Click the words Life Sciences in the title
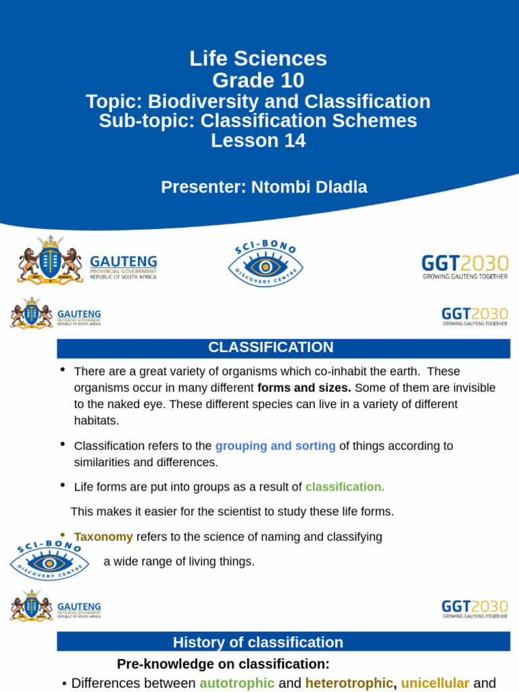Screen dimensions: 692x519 pos(258,59)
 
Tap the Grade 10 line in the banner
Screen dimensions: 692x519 pos(258,80)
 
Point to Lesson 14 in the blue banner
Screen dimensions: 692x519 pos(258,141)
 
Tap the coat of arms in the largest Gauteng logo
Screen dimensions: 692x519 pos(49,261)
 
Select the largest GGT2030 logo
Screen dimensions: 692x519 pos(465,266)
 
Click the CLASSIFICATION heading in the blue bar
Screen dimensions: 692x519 pos(270,347)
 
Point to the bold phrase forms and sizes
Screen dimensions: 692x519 pos(304,388)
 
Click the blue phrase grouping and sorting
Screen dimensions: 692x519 pos(275,446)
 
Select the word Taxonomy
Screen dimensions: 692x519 pos(103,537)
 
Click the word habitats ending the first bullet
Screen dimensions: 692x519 pos(96,420)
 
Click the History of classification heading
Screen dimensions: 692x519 pos(258,643)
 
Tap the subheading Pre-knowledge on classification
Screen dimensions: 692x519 pos(223,664)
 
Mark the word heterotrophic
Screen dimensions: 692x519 pos(349,683)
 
